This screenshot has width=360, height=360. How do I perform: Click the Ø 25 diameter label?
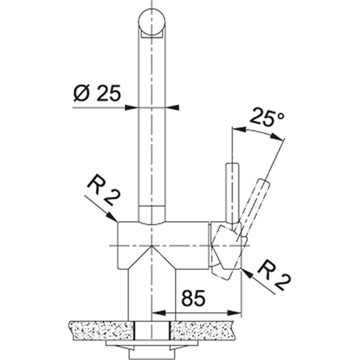[x=97, y=93]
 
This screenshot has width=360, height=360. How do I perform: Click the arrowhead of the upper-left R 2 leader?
[x=115, y=221]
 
